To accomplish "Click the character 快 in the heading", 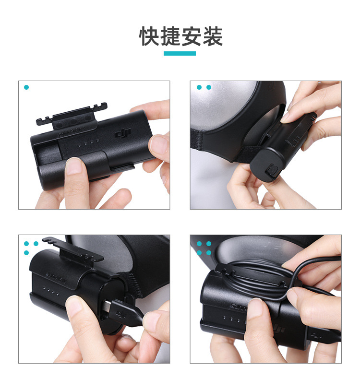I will click(x=149, y=37).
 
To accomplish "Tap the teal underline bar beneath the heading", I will click(x=180, y=53).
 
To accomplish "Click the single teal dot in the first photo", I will click(x=26, y=87).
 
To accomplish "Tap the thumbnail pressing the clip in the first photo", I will click(x=73, y=166).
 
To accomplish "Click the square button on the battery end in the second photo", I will click(x=273, y=171).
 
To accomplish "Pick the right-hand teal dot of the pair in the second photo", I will click(x=209, y=87).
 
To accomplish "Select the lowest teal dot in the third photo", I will click(x=26, y=253).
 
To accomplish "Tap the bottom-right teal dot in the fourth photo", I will click(x=209, y=253).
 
